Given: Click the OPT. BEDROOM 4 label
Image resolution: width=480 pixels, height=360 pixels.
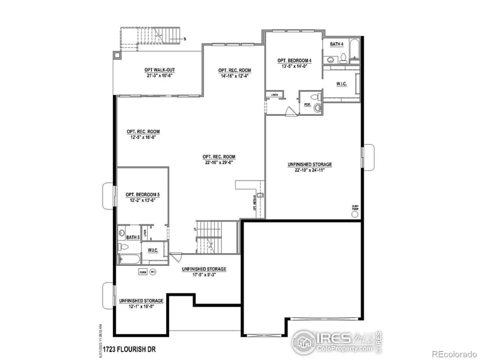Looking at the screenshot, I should pos(294,61).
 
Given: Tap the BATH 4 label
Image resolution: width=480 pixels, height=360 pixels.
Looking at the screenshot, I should pos(337,44).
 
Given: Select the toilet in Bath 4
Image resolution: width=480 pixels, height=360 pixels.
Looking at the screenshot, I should pos(343,58).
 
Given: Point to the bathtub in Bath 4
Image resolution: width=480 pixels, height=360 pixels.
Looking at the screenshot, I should pos(354,50).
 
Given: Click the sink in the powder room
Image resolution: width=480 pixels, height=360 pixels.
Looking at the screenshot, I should pos(318,107).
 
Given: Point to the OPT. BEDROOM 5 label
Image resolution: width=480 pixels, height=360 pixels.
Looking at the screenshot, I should pos(142,194).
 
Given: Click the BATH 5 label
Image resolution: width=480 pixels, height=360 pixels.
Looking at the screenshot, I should pos(132,238).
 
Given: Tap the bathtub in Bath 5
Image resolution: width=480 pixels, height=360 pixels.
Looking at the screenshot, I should pos(129,259).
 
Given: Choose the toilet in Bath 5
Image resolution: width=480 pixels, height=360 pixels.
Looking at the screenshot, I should pos(122,247).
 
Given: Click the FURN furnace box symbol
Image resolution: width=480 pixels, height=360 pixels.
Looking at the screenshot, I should pos(143,271).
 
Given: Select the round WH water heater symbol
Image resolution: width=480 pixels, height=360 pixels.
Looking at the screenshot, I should pos(152,271).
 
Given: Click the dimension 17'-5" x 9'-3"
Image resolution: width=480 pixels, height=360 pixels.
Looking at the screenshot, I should pos(204,275).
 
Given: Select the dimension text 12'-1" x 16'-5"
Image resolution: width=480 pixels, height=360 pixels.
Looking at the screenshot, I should pos(142,306).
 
